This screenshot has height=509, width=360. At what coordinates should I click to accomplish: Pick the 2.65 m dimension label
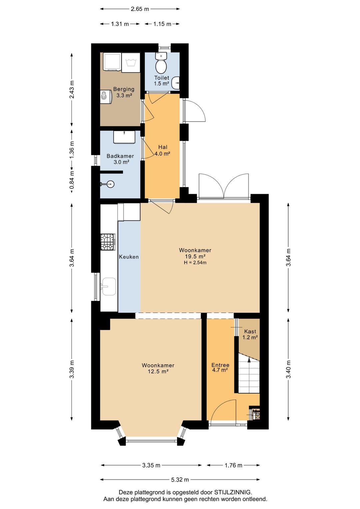pyautogui.click(x=140, y=9)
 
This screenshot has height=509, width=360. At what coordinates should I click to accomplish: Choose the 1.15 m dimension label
pyautogui.click(x=162, y=24)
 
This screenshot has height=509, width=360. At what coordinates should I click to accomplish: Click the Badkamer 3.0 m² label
pyautogui.click(x=120, y=159)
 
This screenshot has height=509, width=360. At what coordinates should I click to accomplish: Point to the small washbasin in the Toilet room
pyautogui.click(x=176, y=83)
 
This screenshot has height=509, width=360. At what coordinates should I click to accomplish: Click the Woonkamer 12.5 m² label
pyautogui.click(x=158, y=368)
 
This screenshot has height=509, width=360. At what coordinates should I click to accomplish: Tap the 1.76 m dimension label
pyautogui.click(x=233, y=465)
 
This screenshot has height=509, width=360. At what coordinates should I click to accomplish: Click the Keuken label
pyautogui.click(x=129, y=257)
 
